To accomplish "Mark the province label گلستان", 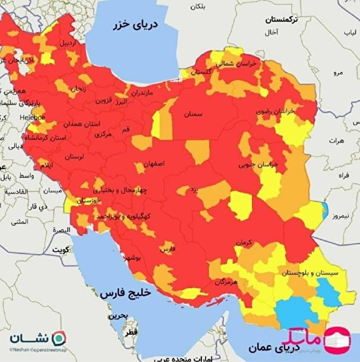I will [201, 71].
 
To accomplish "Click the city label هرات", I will [336, 141].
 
